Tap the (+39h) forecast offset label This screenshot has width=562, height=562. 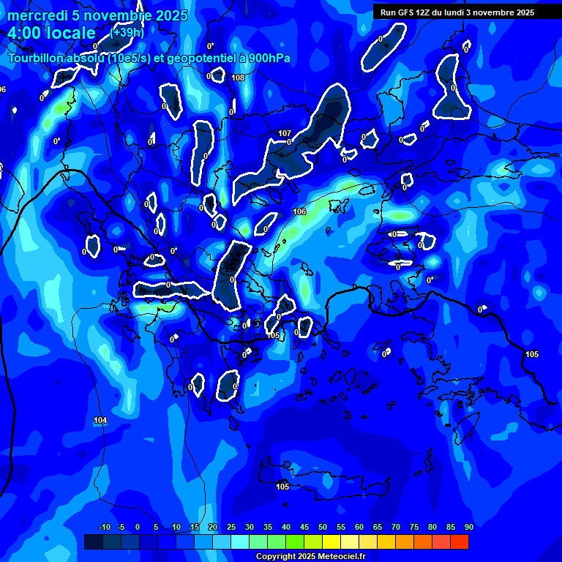pos(128,32)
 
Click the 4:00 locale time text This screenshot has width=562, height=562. pos(51,33)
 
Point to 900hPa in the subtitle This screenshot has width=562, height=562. pos(253,58)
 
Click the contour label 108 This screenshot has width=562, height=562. pos(238,78)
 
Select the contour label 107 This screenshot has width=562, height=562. pos(285,133)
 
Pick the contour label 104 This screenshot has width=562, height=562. pos(100,420)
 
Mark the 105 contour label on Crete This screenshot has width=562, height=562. pos(282,487)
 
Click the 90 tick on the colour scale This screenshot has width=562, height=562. pos(468,528)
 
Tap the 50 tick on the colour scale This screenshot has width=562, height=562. pos(322,528)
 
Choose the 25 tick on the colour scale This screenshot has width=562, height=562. pos(231,528)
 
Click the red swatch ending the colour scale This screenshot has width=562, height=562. pos(459,542)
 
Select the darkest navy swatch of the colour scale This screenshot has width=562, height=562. pos(93,542)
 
